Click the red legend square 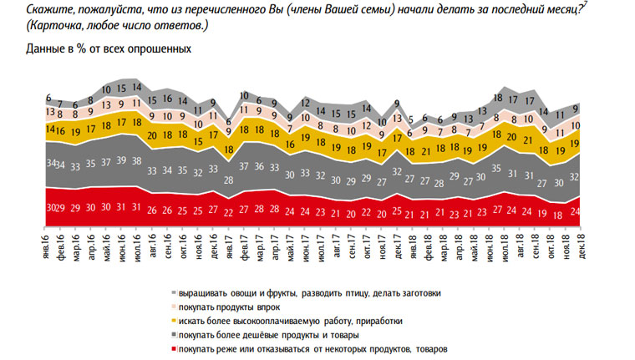click(x=172, y=348)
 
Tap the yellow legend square click(x=172, y=321)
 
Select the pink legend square click(x=172, y=307)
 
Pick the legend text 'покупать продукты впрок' click(x=231, y=307)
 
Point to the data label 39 click(x=123, y=160)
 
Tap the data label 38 click(x=137, y=160)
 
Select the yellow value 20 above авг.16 click(x=151, y=134)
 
